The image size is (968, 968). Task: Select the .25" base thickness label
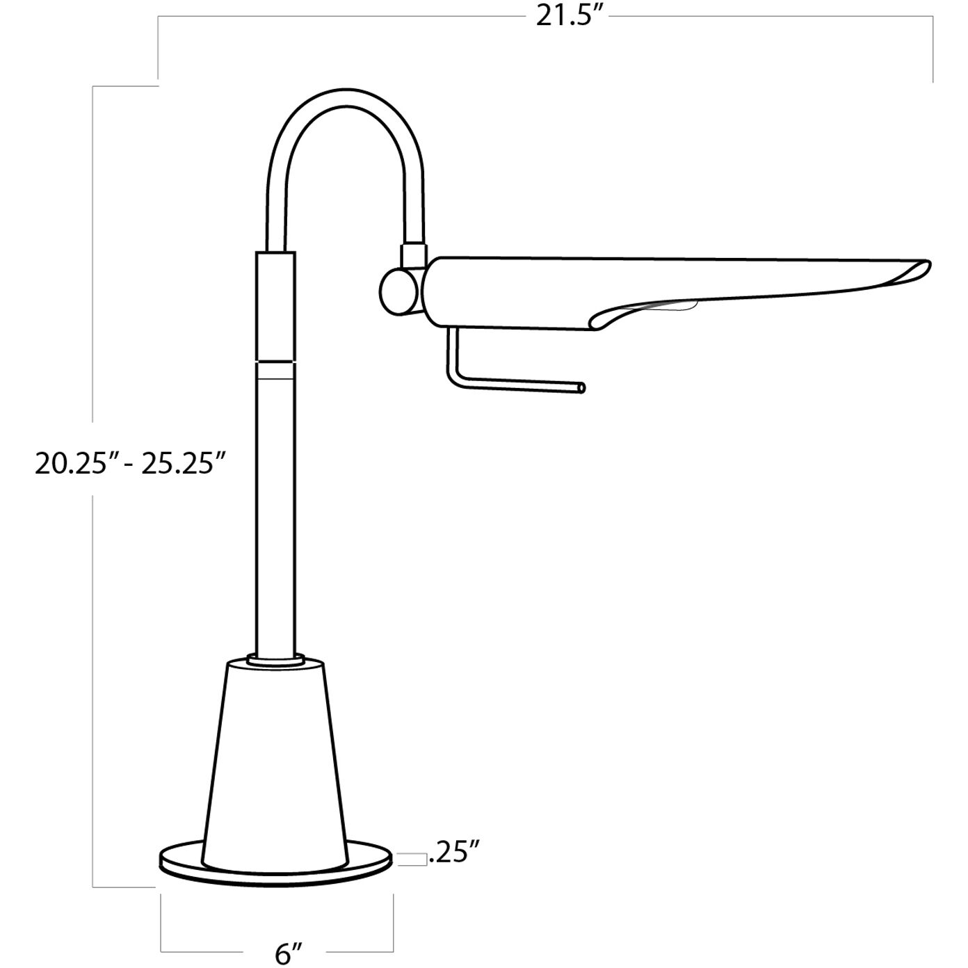pos(455,853)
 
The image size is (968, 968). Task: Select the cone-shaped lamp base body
pos(276,765)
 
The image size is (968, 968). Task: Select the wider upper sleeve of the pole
pos(276,306)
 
